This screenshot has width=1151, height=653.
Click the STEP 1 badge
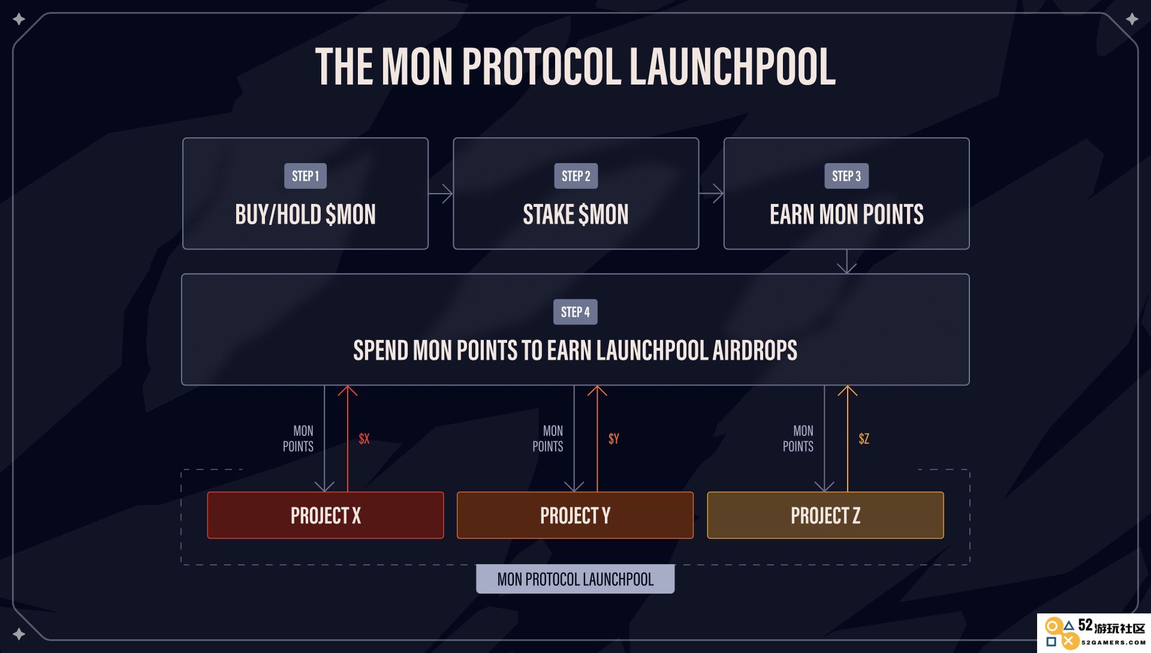tap(305, 176)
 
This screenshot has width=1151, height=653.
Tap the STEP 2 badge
tap(575, 176)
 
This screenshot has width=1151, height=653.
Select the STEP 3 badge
tap(846, 176)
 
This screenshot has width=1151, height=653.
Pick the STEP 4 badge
tap(575, 312)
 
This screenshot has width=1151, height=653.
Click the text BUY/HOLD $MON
tap(305, 215)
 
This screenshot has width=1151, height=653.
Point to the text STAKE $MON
tap(575, 215)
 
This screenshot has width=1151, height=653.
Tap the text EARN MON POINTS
tap(846, 215)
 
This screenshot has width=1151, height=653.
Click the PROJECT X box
tap(326, 515)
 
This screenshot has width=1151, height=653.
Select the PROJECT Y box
tap(575, 515)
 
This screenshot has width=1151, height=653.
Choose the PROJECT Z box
tap(825, 515)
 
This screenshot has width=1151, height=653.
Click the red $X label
tap(364, 438)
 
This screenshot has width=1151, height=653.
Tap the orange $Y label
tap(613, 438)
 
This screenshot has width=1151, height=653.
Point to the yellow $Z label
tap(864, 438)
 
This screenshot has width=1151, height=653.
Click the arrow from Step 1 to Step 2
tap(441, 194)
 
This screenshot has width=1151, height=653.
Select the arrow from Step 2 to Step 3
tap(712, 194)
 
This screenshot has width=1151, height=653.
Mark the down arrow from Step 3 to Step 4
tap(846, 261)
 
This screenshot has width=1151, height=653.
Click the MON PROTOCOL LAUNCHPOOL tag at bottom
tap(575, 579)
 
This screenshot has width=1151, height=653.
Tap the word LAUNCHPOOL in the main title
tap(733, 67)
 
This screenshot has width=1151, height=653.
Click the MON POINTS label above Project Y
tap(548, 438)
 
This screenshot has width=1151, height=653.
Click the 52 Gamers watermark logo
tap(1094, 633)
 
